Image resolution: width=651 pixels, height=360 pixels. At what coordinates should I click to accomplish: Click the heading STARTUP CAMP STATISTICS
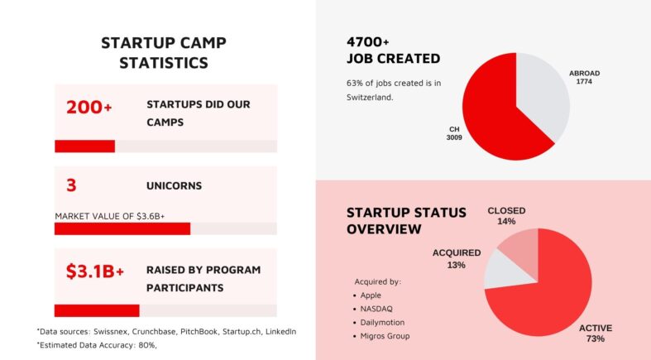(163, 52)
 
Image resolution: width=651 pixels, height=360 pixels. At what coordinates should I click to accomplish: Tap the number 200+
(89, 107)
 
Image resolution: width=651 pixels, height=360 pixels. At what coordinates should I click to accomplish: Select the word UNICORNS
(174, 186)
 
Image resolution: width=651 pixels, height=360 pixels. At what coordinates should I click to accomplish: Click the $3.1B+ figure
(94, 271)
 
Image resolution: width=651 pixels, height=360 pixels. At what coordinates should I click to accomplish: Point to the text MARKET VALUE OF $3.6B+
(110, 216)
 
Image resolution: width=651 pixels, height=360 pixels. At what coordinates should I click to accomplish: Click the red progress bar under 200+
(84, 146)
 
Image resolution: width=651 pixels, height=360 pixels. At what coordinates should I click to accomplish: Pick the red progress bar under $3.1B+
(96, 310)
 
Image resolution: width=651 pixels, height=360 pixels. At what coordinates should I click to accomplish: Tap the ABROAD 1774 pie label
(584, 78)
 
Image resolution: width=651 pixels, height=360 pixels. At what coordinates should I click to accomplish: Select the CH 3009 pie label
(454, 132)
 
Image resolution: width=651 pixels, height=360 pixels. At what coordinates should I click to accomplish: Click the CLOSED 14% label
(506, 216)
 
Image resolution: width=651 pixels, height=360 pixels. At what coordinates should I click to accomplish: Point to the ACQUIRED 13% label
(456, 258)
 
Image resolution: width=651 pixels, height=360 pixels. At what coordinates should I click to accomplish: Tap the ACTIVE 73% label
(596, 333)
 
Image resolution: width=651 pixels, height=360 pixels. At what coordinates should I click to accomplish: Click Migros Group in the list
(385, 335)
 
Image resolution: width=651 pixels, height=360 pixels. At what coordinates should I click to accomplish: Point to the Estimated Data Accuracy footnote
(97, 345)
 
